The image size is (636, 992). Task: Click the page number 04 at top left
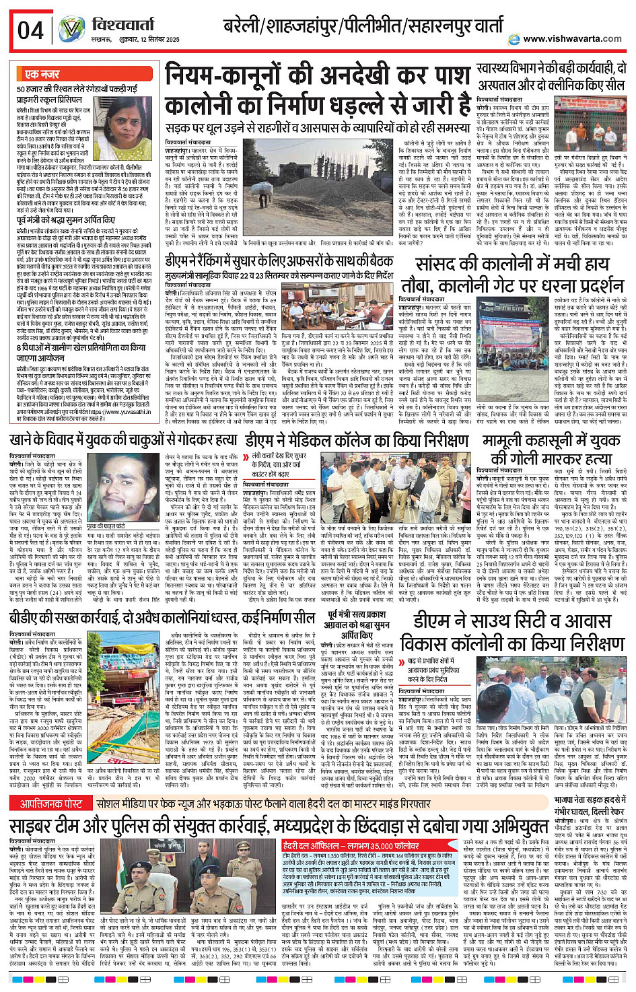(30, 30)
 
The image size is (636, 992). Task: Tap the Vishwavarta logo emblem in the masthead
(71, 30)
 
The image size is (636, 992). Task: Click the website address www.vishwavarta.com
(572, 39)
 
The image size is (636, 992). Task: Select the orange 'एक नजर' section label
(42, 74)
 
